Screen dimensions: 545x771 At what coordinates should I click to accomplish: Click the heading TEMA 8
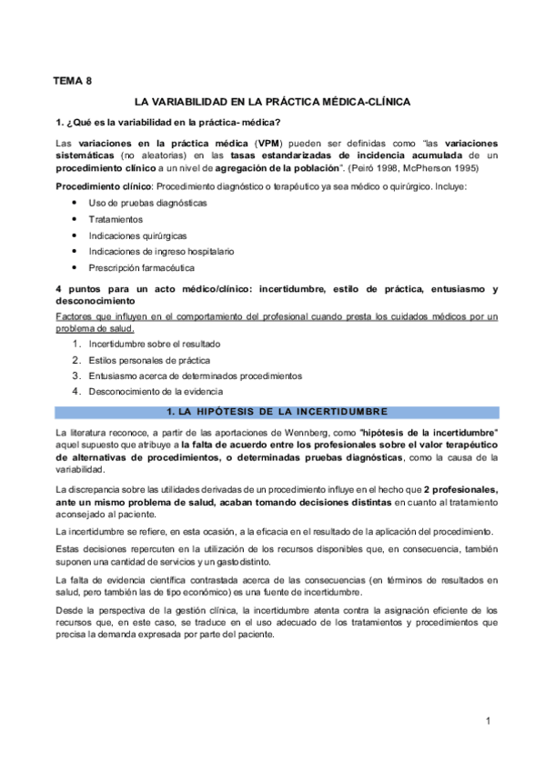[x=74, y=81]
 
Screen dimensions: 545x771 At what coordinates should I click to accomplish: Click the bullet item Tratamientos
[x=116, y=219]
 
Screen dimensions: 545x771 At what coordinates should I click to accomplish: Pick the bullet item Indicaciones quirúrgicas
[x=135, y=235]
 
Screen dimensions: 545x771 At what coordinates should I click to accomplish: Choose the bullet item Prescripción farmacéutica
[x=141, y=268]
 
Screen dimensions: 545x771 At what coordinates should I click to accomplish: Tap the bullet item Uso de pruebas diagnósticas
[x=147, y=203]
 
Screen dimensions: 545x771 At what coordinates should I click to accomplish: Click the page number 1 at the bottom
[x=489, y=721]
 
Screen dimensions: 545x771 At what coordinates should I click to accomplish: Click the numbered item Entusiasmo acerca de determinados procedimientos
[x=196, y=375]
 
